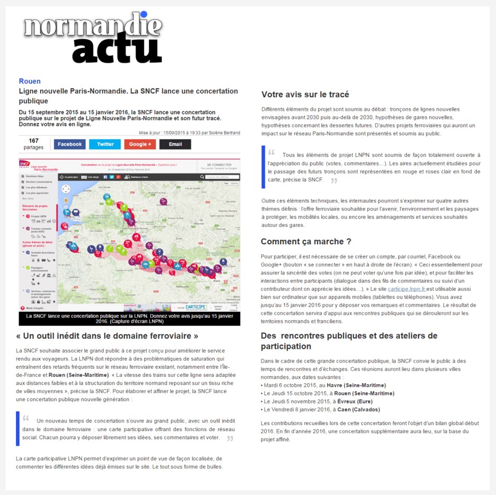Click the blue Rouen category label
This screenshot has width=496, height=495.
coord(30,81)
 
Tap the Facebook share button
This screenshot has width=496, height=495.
coord(70,144)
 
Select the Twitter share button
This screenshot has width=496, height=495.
coord(105,144)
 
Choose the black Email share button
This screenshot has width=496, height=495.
coord(175,144)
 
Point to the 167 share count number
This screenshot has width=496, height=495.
coord(34,140)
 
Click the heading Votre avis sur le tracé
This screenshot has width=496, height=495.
coord(305,94)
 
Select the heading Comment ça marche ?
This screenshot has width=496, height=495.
coord(306,242)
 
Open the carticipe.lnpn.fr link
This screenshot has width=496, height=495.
coord(406,289)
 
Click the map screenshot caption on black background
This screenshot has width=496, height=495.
coord(129,318)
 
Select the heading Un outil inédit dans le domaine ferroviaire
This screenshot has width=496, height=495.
coord(107,336)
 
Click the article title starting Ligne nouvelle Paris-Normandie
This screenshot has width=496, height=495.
coord(128,96)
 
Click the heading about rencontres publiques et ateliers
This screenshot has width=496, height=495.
coord(349,341)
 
